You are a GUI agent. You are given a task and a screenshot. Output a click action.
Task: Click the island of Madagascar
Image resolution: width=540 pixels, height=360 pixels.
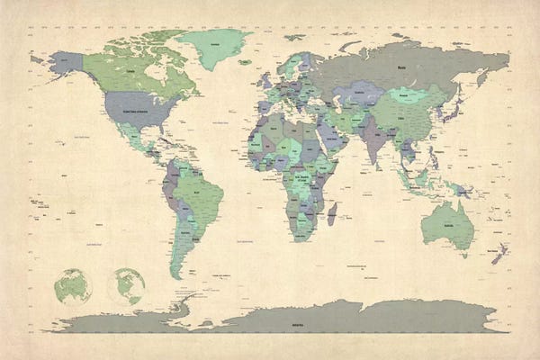(331, 214)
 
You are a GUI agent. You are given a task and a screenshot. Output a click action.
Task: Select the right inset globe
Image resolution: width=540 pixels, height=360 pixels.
(126, 285)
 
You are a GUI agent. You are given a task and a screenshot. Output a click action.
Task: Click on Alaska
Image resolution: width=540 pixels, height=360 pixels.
(65, 64)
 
